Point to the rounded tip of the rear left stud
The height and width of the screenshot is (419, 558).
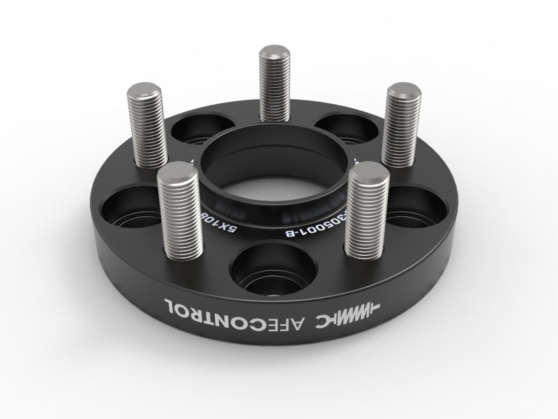click(x=144, y=91)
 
